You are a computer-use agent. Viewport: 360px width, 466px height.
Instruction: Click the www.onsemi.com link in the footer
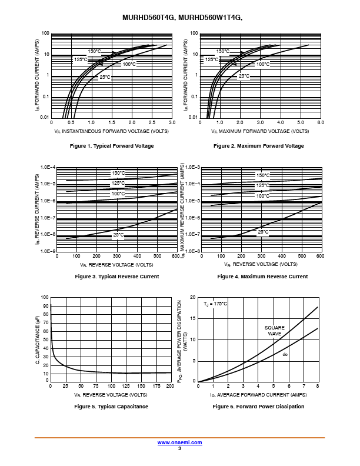coord(179,442)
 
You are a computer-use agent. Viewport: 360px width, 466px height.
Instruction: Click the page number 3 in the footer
coord(179,448)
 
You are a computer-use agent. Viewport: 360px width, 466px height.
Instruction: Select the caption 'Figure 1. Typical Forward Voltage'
coord(112,146)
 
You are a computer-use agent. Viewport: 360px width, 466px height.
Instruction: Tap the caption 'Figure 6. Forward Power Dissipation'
coord(258,407)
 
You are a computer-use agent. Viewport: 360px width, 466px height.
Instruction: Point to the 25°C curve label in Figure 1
coord(105,77)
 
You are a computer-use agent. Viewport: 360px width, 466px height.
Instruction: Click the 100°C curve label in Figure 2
coord(263,64)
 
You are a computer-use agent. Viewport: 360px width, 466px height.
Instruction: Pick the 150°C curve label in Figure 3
coord(118,173)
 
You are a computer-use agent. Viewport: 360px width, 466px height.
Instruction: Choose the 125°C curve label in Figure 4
coord(263,186)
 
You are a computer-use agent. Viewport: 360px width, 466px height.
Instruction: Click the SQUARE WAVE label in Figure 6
coord(275,331)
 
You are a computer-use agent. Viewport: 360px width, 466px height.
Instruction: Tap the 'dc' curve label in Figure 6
coord(285,355)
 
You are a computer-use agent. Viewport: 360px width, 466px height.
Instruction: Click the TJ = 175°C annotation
coord(215,304)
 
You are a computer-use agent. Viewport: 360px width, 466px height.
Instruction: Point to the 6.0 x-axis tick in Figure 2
coord(321,122)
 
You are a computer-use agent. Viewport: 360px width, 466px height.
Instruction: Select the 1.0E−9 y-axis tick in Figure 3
coord(48,251)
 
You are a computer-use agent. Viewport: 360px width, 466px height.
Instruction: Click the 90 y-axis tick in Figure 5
coord(46,306)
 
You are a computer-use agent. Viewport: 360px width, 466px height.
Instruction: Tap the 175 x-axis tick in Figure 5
coord(156,386)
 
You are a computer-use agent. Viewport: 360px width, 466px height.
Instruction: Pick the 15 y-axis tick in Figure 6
coord(193,318)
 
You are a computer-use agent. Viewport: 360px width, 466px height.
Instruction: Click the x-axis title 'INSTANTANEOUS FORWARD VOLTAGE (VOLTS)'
coord(115,131)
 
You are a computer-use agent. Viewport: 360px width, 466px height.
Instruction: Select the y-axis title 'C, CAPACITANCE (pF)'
coord(38,339)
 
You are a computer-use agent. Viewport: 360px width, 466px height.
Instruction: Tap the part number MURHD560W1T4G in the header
coord(211,18)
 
